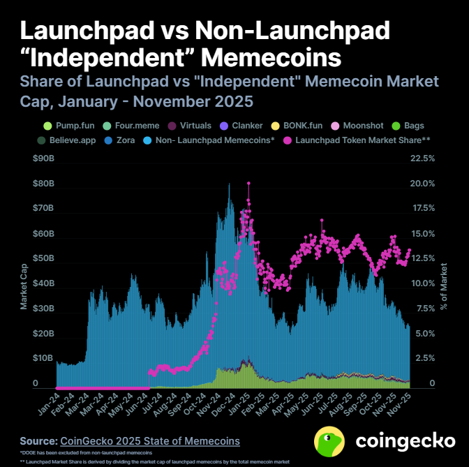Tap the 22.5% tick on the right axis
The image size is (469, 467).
423,158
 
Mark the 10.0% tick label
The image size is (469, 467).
423,283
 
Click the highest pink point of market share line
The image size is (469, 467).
248,183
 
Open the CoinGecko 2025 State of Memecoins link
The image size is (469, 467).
150,441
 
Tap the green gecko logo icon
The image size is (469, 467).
328,440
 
